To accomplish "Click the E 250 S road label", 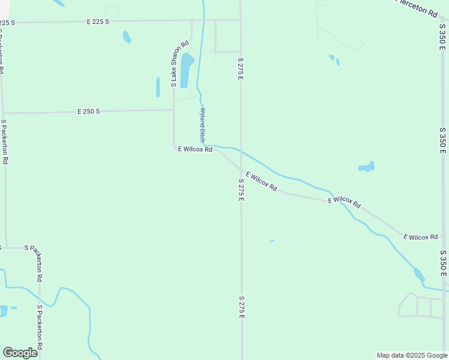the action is [88, 112].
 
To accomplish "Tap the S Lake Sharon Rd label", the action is [179, 64].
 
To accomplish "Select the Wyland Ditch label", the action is [203, 125].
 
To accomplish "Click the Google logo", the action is [20, 353].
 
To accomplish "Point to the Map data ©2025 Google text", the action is [412, 355].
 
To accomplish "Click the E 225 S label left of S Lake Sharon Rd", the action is [97, 22].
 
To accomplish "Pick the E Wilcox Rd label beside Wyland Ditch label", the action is [195, 149].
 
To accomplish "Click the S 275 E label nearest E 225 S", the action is [240, 70].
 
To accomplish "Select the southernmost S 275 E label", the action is [241, 307].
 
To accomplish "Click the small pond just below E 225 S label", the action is [127, 37].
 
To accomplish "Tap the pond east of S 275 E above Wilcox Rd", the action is [367, 167].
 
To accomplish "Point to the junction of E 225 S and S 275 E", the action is [241, 20].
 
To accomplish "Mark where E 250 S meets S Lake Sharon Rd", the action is [174, 110].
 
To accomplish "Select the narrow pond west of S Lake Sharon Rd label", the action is [158, 87].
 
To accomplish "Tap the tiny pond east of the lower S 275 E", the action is [272, 241].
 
